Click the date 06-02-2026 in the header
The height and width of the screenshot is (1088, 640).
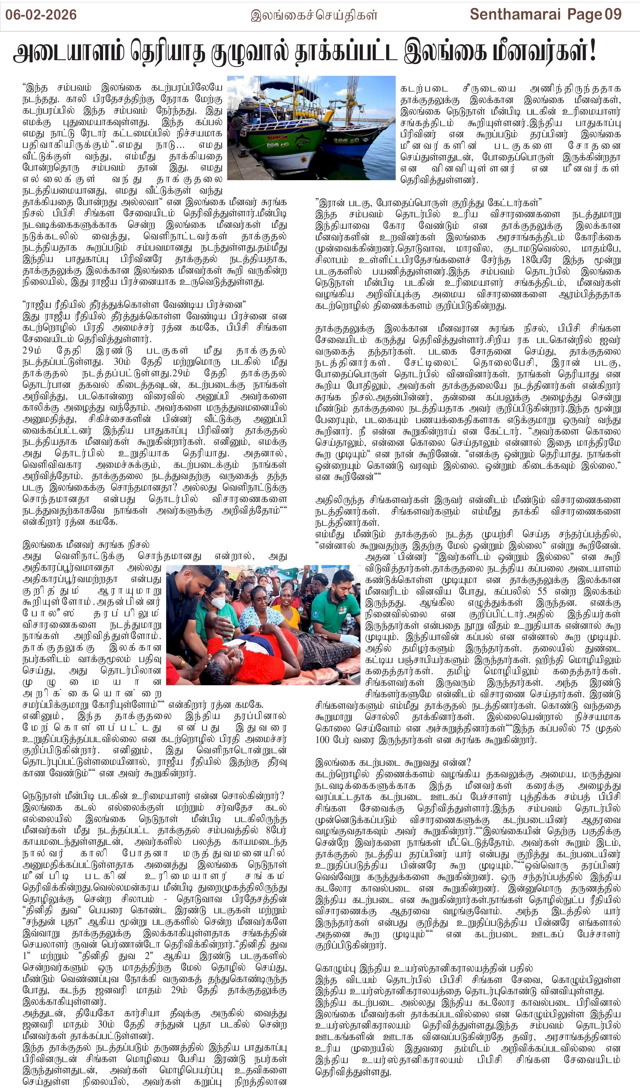click(x=41, y=15)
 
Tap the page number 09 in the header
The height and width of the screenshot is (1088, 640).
click(x=613, y=14)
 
